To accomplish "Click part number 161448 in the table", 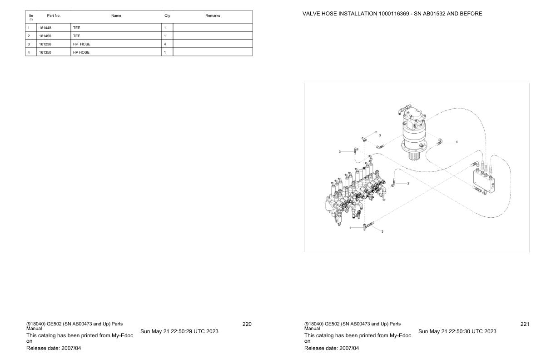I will coord(45,28).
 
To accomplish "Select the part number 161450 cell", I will coord(45,36).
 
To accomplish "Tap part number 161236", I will coord(45,44).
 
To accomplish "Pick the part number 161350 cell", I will coord(45,52).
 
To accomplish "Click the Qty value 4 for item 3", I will coord(165,44).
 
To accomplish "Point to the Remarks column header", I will coord(213,16).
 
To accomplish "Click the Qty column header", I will coord(167,16).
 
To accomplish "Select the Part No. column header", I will coord(54,16).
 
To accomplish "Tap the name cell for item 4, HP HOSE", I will coord(81,52).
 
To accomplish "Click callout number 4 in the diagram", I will coord(457,142).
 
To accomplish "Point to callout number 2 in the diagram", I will coord(376,132).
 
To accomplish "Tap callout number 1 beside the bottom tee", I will coord(350,227).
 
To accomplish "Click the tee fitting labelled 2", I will coord(363,139).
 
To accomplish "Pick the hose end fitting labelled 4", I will coord(439,142).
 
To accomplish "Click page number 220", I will coord(247,324).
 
